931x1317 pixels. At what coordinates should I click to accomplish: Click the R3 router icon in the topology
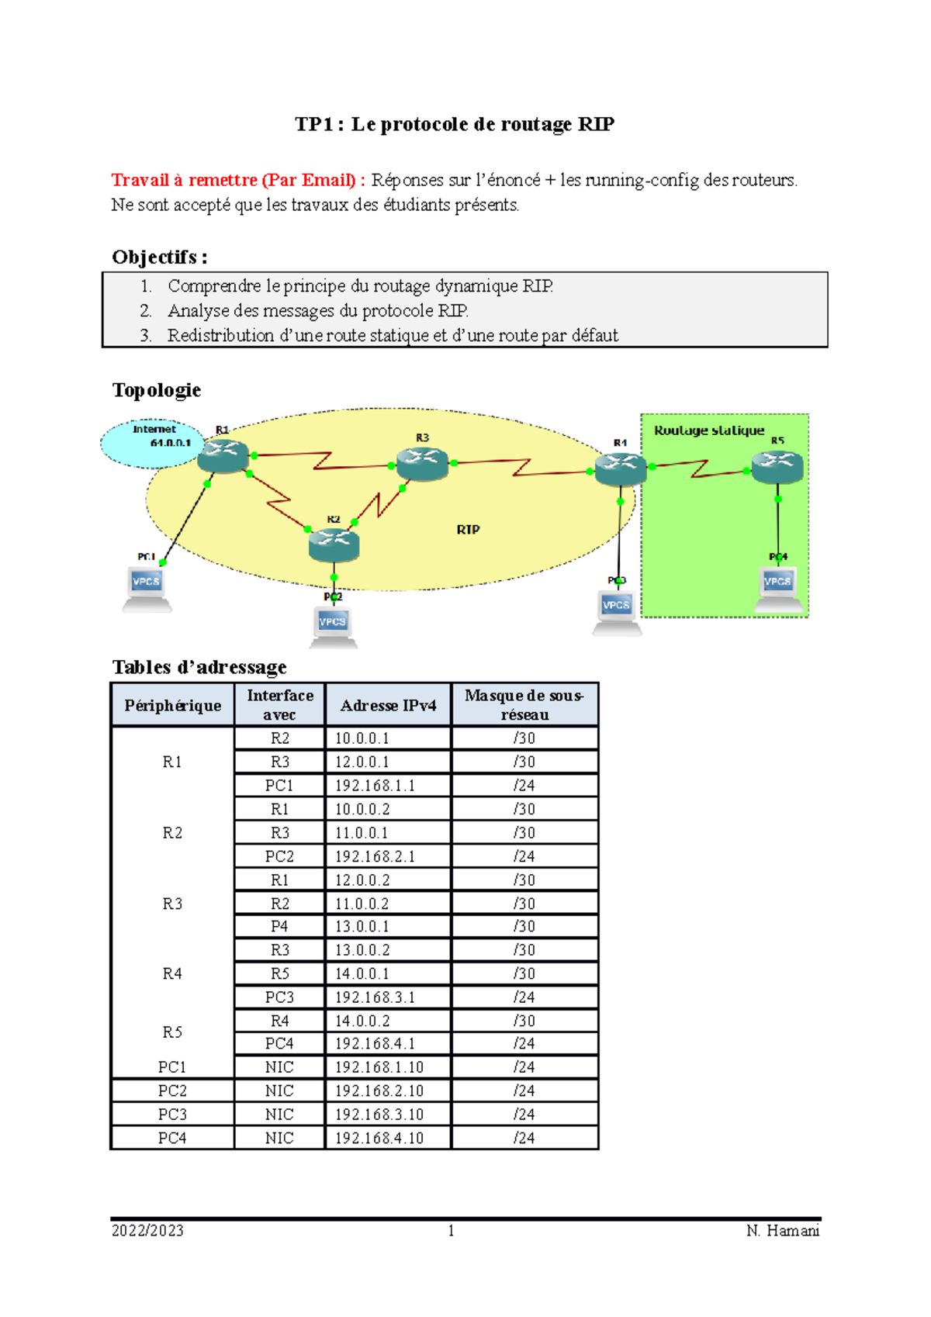tap(422, 463)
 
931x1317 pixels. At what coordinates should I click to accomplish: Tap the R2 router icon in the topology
tap(334, 544)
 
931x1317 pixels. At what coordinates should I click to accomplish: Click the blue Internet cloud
tap(152, 444)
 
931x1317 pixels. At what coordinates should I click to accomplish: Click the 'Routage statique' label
tap(709, 430)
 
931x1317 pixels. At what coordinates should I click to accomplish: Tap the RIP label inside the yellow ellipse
tap(468, 529)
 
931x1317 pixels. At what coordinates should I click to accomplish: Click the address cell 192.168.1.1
tap(376, 786)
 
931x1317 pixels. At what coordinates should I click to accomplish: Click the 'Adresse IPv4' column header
tap(388, 706)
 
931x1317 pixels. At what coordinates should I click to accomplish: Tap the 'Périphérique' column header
tap(172, 706)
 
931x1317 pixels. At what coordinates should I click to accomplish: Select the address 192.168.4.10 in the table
tap(379, 1138)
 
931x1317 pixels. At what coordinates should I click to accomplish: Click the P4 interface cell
tap(279, 926)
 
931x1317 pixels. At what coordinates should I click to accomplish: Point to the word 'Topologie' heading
tap(157, 390)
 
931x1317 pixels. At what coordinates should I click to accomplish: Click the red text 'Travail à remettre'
tap(185, 180)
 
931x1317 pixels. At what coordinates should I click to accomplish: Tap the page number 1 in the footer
tap(451, 1231)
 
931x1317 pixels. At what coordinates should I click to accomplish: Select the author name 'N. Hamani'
tap(782, 1231)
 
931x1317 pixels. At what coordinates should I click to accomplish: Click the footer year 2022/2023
tap(147, 1231)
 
